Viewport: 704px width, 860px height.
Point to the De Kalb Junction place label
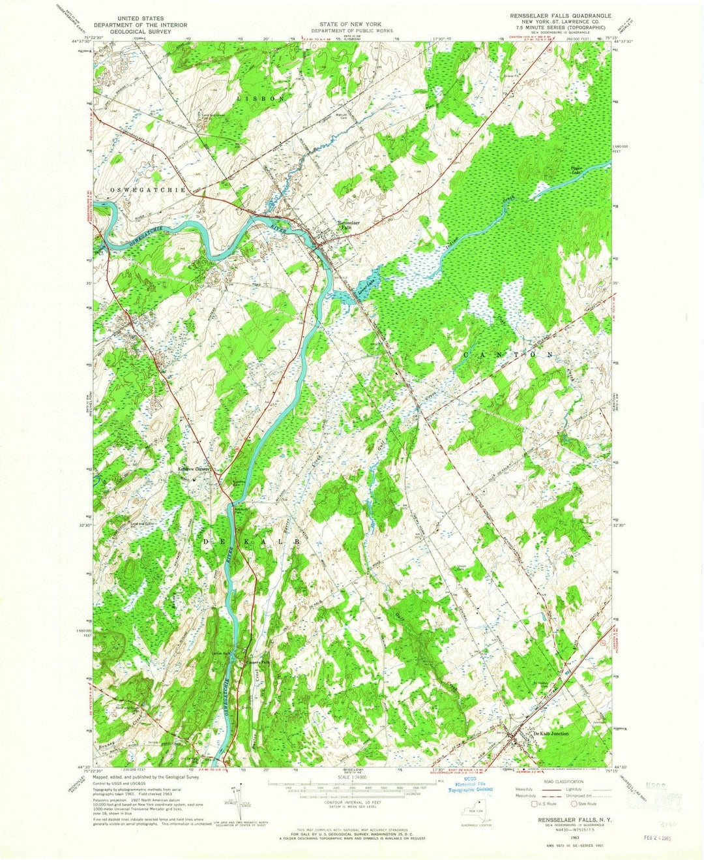551,733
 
